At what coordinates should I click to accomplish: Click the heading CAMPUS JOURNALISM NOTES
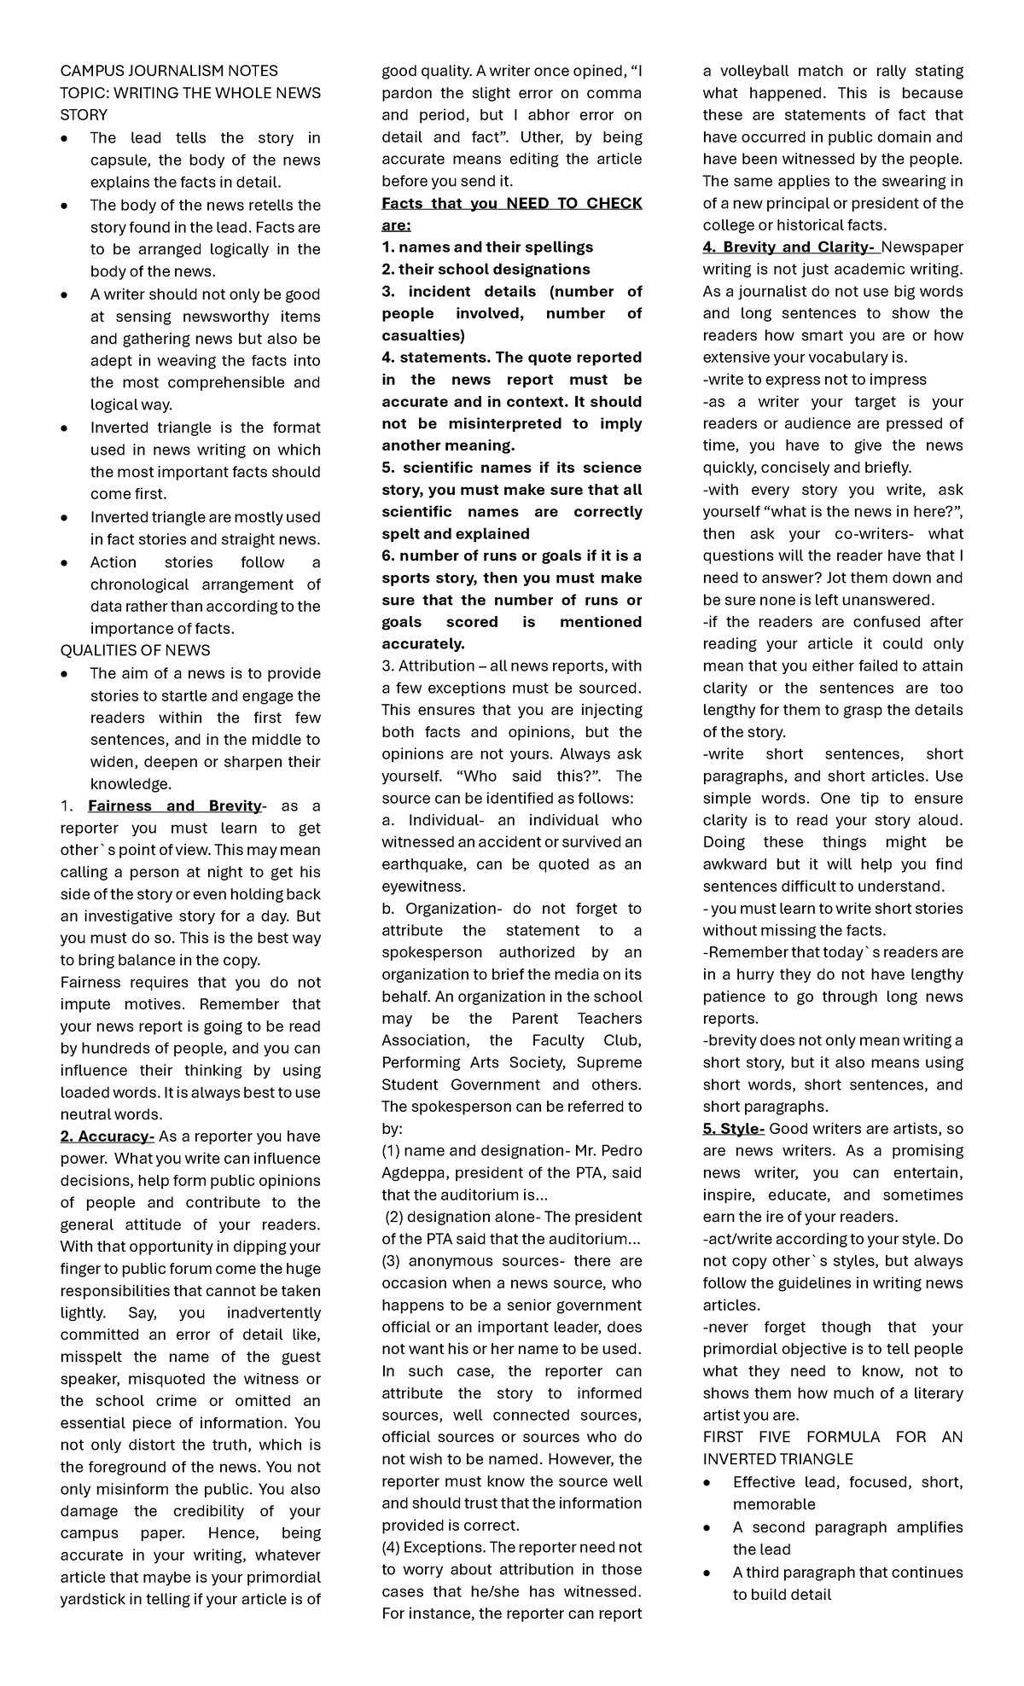coord(168,71)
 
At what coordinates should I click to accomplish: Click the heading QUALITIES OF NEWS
coord(135,650)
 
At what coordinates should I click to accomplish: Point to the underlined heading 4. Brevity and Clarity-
coord(789,247)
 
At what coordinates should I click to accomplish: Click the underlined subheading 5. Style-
coord(733,1129)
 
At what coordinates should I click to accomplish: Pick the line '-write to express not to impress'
coord(814,379)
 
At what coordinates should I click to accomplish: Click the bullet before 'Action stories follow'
coord(65,563)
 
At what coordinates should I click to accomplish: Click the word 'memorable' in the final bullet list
coord(773,1504)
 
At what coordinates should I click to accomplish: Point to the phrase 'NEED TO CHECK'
coord(574,203)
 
